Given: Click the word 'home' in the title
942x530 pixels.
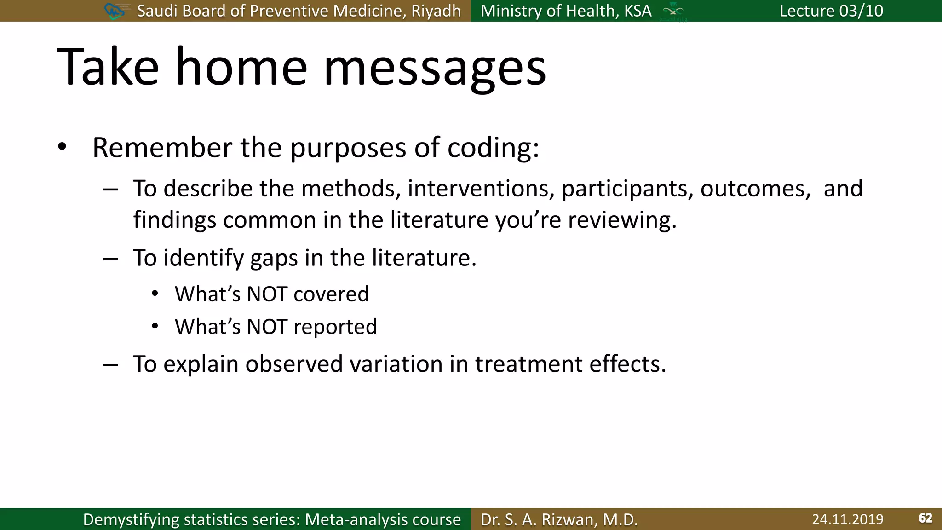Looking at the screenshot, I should click(241, 67).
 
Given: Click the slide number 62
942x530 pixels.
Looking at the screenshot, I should click(925, 518).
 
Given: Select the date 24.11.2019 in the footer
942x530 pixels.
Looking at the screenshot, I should click(847, 519).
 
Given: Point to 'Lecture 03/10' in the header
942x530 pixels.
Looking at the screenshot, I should click(831, 11).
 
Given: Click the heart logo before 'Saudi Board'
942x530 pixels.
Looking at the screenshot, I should click(115, 11).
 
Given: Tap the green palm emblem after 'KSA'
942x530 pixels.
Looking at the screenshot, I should click(673, 11).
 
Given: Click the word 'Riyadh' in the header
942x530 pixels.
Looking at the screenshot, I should click(436, 11).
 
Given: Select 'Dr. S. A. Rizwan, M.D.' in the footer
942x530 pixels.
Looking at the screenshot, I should click(559, 519).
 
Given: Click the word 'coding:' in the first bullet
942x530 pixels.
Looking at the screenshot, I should click(493, 148).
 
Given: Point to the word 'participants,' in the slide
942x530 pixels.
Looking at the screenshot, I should click(627, 189).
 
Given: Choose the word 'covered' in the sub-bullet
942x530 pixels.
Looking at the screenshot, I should click(331, 294).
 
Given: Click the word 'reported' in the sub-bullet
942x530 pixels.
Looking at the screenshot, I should click(335, 327).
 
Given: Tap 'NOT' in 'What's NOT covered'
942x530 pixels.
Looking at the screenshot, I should click(267, 294).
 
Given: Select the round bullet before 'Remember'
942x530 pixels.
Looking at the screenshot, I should click(63, 148).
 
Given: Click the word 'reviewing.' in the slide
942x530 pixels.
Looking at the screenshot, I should click(622, 220).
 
